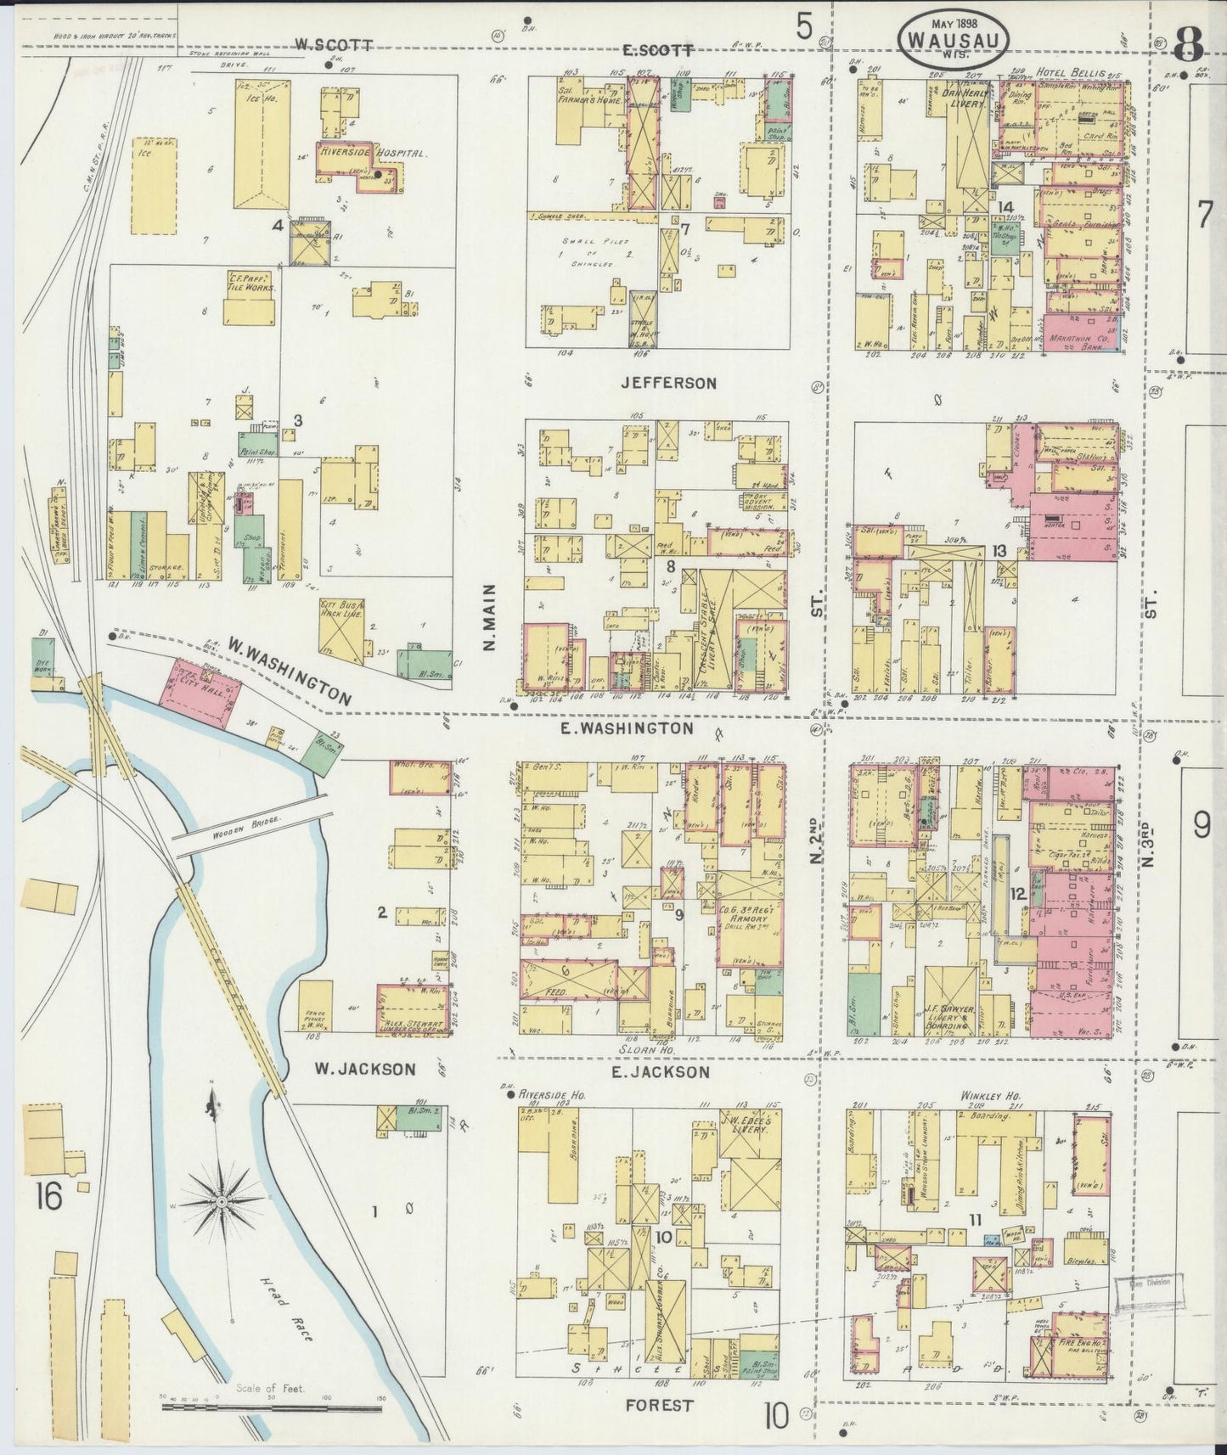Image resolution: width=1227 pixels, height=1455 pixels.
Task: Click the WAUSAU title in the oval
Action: pyautogui.click(x=955, y=39)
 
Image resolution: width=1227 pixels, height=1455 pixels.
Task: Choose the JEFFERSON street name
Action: pyautogui.click(x=668, y=383)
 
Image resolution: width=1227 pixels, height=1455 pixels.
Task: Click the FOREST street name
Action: pyautogui.click(x=659, y=1404)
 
